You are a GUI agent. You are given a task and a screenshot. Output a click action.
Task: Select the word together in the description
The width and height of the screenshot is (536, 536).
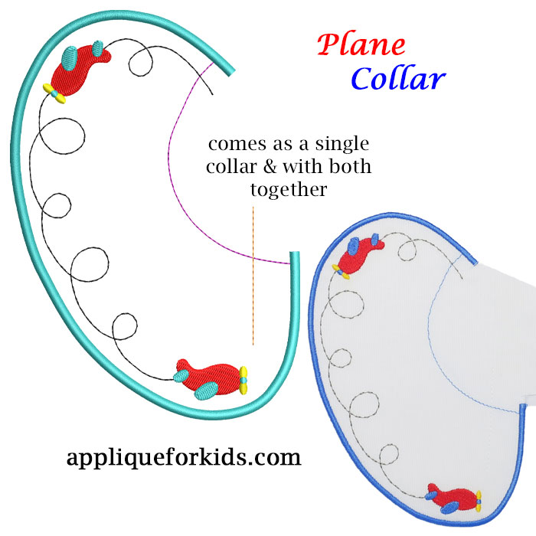coord(289,188)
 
